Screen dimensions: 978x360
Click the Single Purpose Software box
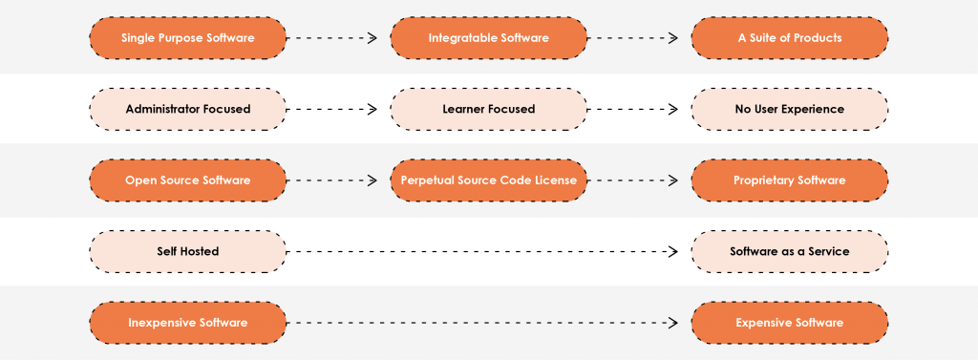pyautogui.click(x=187, y=38)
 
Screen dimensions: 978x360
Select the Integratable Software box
pyautogui.click(x=488, y=38)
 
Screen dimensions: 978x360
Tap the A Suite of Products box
pyautogui.click(x=789, y=38)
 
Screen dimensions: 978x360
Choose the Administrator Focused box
pyautogui.click(x=187, y=109)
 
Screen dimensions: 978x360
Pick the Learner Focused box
pyautogui.click(x=488, y=109)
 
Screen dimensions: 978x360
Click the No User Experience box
pyautogui.click(x=789, y=109)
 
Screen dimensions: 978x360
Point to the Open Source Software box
pyautogui.click(x=187, y=180)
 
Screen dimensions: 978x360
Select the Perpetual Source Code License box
pyautogui.click(x=488, y=180)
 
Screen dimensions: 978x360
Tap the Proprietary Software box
pyautogui.click(x=789, y=180)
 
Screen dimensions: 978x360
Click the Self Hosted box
pyautogui.click(x=187, y=251)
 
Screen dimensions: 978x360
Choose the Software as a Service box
pyautogui.click(x=789, y=251)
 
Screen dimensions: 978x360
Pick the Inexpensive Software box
pyautogui.click(x=187, y=323)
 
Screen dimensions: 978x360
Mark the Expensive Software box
pyautogui.click(x=789, y=323)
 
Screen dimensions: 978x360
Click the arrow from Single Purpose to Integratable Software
pyautogui.click(x=333, y=38)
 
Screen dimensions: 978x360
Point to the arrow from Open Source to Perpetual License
pyautogui.click(x=333, y=180)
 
